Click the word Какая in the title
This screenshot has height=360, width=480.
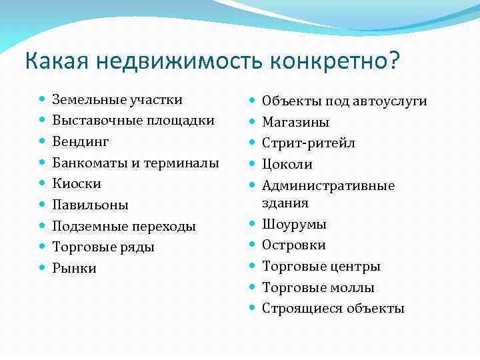pos(58,61)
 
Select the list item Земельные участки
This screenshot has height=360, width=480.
pos(117,100)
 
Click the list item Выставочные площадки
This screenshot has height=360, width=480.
pos(133,121)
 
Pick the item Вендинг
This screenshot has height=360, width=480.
pos(81,142)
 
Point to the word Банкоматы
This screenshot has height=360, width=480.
pos(87,163)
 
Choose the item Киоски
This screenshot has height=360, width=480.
pos(77,183)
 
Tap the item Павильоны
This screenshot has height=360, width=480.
pos(90,205)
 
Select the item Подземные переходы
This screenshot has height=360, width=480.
pos(124,226)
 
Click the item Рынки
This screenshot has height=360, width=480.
pos(75,268)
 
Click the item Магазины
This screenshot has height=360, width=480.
pos(295,122)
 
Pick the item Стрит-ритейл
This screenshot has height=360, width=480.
pos(309,143)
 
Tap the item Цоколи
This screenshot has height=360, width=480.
pos(287,164)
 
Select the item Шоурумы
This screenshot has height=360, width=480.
pos(294,224)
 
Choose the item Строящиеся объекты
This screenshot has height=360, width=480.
pos(333,308)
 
